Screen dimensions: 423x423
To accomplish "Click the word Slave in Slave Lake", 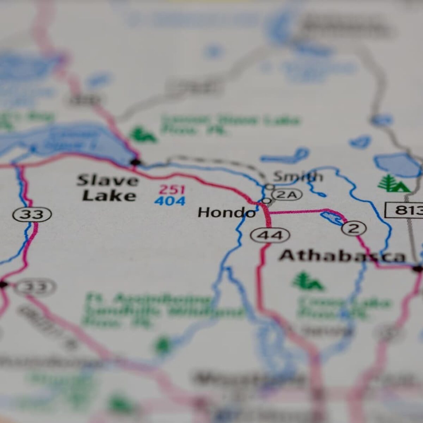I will point(108,180).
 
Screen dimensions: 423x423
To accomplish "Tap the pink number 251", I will point(172,190).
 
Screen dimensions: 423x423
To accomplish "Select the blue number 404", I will point(170,201).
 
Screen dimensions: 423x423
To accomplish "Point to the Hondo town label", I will point(226,213).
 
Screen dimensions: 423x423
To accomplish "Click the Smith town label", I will point(298,176).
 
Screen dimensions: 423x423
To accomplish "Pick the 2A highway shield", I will point(287,195).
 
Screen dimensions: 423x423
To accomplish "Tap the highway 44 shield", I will point(270,235).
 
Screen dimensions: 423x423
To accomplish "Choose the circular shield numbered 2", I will point(354,228).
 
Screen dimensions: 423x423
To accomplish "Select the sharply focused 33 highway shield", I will point(32,214).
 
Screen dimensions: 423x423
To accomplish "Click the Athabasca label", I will point(342,256).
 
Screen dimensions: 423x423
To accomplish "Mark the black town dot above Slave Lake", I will point(136,162).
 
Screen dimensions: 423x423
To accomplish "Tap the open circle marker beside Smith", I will point(270,186).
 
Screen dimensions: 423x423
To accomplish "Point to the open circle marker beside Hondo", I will point(266,201).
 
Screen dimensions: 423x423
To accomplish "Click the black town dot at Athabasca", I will point(417,269).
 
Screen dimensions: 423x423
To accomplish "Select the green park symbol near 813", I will point(393,184).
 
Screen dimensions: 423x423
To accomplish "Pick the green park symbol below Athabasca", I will point(308,281).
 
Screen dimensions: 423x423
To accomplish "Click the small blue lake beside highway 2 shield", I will point(332,217).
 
